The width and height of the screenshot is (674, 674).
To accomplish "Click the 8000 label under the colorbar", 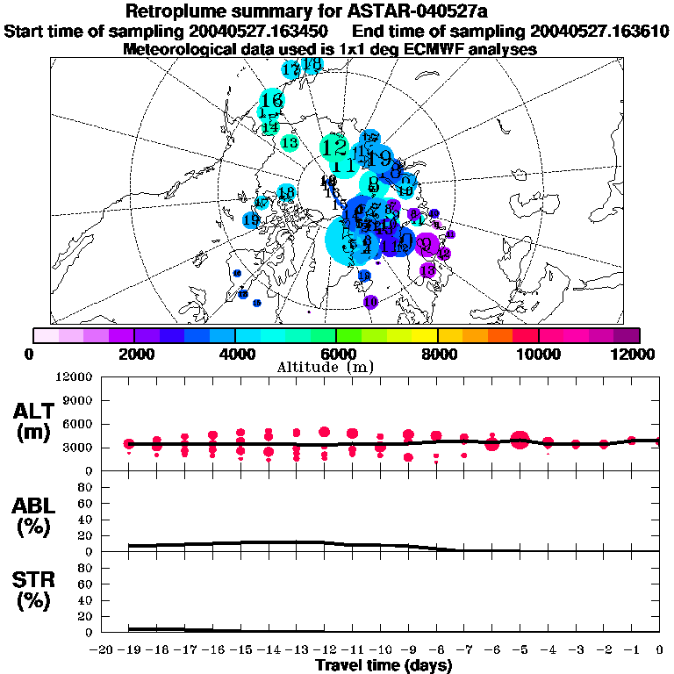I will tap(437, 353).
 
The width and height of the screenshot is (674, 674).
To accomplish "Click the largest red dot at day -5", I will tap(520, 440).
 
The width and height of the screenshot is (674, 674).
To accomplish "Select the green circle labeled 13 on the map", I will tap(289, 142).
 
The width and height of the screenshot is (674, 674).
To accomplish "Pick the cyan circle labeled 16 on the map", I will tap(271, 100).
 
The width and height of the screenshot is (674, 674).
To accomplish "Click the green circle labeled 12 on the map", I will tap(334, 147).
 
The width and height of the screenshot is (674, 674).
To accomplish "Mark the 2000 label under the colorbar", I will tap(134, 353).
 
